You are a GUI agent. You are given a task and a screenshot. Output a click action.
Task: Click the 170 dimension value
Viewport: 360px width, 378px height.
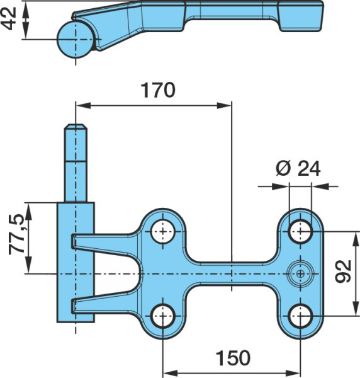point(158,90)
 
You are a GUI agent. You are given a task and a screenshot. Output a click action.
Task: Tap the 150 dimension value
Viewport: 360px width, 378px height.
point(233,358)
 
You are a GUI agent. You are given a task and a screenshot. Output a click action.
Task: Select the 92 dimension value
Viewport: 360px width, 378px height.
point(343,272)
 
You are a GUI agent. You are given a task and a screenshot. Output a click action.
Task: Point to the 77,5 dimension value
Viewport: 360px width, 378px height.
point(16,234)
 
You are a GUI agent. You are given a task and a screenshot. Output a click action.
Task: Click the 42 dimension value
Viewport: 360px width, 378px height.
point(8,18)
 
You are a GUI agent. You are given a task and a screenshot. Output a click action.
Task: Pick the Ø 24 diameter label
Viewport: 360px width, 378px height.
point(298,168)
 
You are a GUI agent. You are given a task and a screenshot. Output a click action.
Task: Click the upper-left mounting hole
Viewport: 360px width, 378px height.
point(163,232)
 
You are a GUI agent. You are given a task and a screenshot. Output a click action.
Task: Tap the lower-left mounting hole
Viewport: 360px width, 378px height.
point(163,316)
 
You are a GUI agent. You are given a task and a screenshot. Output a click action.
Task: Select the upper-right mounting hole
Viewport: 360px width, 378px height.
point(300,232)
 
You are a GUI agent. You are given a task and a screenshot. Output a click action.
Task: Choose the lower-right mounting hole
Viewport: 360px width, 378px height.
point(300,316)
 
